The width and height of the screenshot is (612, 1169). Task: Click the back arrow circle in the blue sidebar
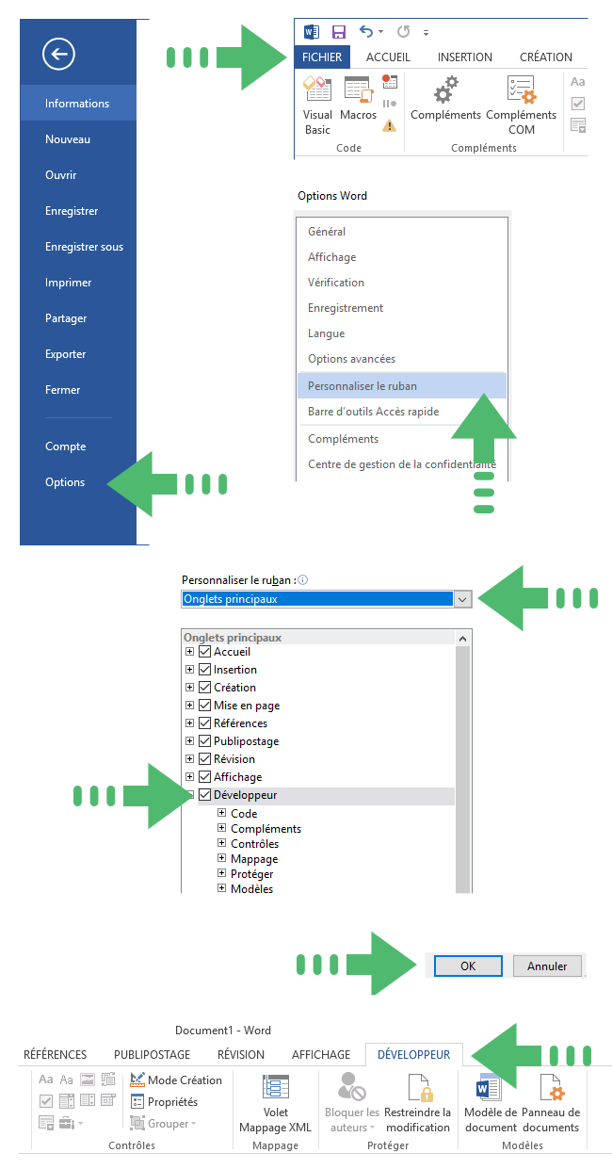[58, 54]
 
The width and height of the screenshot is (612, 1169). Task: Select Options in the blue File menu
[65, 482]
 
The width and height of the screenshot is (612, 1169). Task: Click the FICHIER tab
[322, 57]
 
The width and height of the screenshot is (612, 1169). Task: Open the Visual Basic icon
[317, 89]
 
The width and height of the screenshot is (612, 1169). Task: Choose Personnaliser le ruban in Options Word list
[362, 386]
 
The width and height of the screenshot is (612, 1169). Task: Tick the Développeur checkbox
[205, 795]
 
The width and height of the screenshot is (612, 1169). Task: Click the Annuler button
[547, 966]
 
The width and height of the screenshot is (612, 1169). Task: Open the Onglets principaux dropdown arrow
[462, 600]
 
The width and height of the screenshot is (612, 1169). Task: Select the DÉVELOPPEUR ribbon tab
[413, 1055]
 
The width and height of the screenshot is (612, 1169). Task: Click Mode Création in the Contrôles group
[176, 1080]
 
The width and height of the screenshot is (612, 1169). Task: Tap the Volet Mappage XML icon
[276, 1087]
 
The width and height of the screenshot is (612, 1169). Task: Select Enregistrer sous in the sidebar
[84, 247]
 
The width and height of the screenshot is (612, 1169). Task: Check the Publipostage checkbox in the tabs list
[205, 741]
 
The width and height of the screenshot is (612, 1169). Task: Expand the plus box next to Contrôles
[222, 843]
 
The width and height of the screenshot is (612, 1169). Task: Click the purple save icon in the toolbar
[339, 32]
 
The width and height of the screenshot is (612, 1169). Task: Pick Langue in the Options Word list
[326, 333]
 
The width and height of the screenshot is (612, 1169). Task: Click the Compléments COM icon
[521, 89]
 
